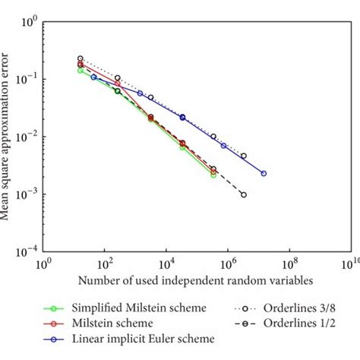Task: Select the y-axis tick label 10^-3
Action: point(28,194)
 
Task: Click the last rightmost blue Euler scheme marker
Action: point(264,173)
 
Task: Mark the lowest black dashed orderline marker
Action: point(244,195)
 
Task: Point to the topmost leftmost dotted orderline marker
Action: point(81,58)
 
